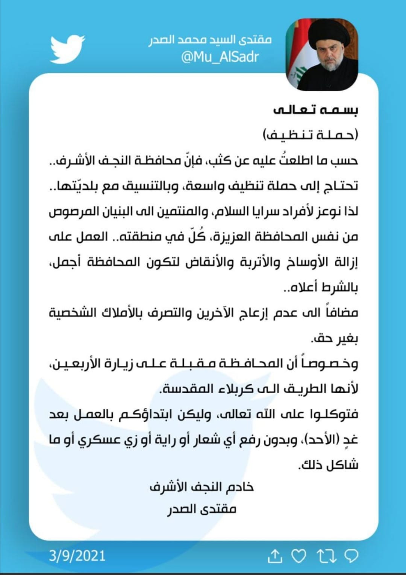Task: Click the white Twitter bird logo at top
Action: (x=67, y=49)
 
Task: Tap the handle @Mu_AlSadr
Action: (x=220, y=57)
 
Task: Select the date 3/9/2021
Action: (x=77, y=555)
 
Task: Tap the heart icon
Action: (x=299, y=556)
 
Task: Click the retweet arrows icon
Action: (x=326, y=556)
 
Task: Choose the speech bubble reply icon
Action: (x=351, y=556)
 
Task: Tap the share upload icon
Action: (x=275, y=556)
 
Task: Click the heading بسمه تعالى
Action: (x=315, y=109)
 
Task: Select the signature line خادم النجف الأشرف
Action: (x=202, y=487)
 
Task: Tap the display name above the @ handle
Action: (x=210, y=39)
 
